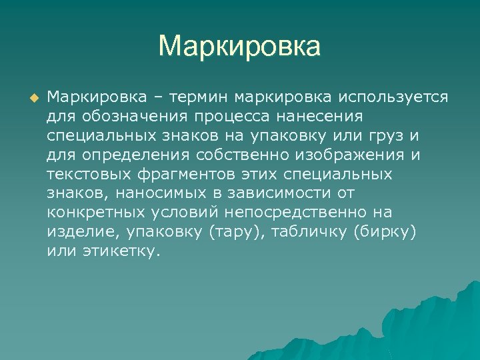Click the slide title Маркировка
coord(239,47)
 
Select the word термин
coord(195,97)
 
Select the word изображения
coord(354,155)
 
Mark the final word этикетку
coord(122,252)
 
